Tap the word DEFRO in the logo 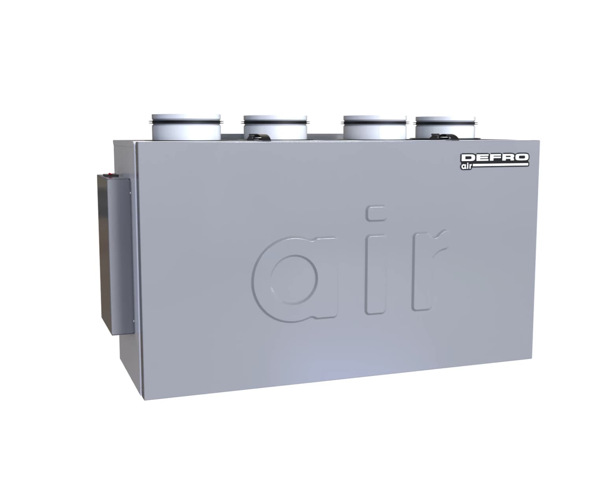pos(494,158)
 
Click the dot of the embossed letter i pos(376,213)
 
